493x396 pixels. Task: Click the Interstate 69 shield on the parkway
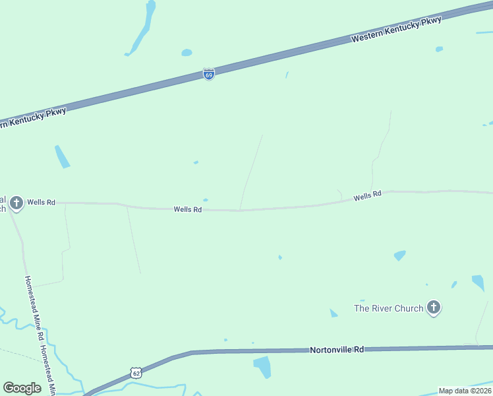click(208, 75)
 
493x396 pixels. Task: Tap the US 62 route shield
click(136, 373)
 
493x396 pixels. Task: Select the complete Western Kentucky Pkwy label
click(396, 30)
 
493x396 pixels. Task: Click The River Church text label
click(389, 308)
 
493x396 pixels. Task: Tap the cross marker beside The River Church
click(434, 307)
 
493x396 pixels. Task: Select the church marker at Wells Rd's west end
click(16, 202)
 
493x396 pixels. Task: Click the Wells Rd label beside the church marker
click(42, 202)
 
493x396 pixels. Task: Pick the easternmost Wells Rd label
click(367, 195)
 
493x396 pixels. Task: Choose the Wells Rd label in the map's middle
click(187, 209)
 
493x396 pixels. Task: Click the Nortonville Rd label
click(337, 349)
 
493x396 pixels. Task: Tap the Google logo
click(22, 388)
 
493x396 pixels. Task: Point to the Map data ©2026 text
click(464, 391)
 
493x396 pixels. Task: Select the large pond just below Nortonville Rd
click(262, 366)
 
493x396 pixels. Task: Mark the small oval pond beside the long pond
click(187, 52)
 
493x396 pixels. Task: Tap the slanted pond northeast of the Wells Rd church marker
click(62, 156)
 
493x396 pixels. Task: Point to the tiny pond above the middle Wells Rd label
click(206, 200)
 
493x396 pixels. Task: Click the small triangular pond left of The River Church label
click(333, 313)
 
